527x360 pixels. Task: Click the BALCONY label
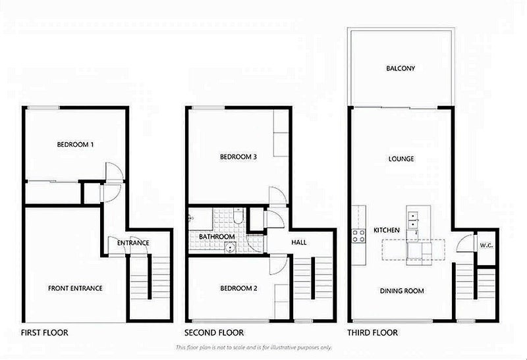[x=401, y=68]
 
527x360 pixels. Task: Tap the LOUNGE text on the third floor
[x=401, y=159]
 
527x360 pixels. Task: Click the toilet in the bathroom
[x=239, y=219]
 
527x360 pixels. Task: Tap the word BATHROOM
[x=217, y=236]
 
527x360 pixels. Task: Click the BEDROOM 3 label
[x=238, y=157]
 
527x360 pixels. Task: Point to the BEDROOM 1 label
[x=74, y=145]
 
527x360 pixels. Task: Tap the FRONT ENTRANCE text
[x=74, y=288]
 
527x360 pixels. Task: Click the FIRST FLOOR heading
[x=45, y=333]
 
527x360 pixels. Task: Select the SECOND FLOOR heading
[x=214, y=333]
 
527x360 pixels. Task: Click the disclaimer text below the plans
[x=254, y=347]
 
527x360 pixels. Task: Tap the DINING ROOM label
[x=401, y=290]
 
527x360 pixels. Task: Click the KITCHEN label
[x=387, y=231]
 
